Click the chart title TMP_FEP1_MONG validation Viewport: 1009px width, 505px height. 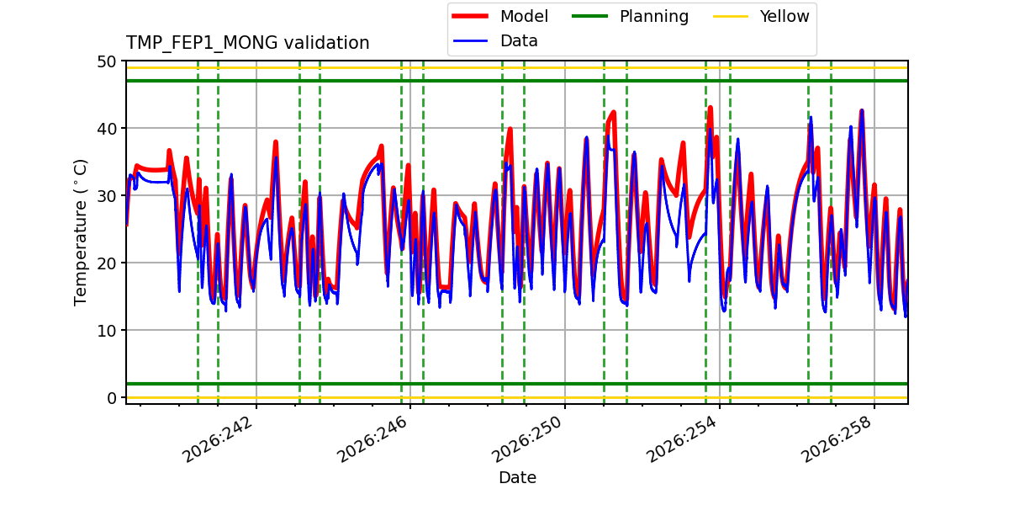[x=247, y=43]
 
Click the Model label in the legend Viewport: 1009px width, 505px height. [x=524, y=16]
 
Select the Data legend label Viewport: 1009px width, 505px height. [x=519, y=41]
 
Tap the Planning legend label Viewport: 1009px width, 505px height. [x=654, y=17]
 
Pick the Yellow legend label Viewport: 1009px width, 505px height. [x=784, y=16]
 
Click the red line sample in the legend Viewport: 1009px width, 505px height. [x=470, y=16]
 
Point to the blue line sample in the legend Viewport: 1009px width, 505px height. [x=470, y=41]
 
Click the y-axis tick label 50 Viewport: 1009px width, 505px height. [x=106, y=61]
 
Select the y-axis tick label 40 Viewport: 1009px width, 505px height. [x=106, y=129]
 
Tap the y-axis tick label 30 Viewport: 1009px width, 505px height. [x=106, y=196]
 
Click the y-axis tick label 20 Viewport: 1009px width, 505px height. [x=106, y=263]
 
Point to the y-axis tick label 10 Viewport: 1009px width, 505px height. [x=106, y=331]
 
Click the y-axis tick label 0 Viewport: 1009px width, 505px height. [x=112, y=398]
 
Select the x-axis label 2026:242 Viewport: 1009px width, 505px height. [x=219, y=439]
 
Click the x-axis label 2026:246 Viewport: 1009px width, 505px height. [x=373, y=439]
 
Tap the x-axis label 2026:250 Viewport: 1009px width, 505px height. [x=527, y=439]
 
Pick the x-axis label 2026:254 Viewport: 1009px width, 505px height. [x=682, y=439]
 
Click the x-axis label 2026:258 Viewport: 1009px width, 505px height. [x=837, y=439]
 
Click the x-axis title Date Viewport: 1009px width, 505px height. [x=518, y=477]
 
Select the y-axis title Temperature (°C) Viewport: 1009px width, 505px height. [x=80, y=232]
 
